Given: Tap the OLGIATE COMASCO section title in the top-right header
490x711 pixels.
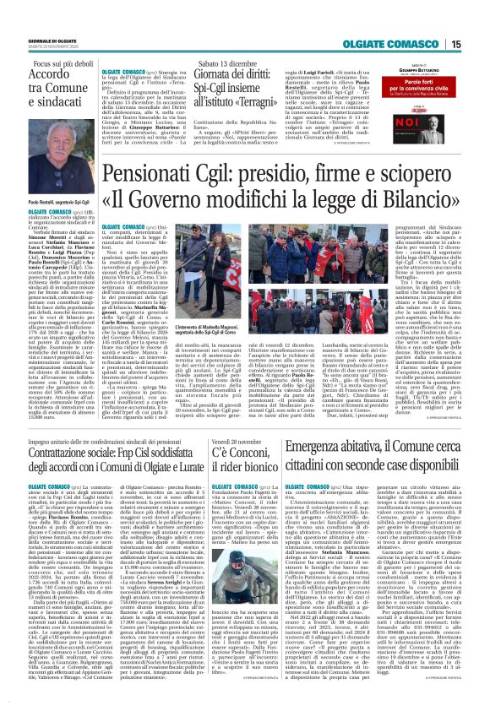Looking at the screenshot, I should [x=402, y=45].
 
